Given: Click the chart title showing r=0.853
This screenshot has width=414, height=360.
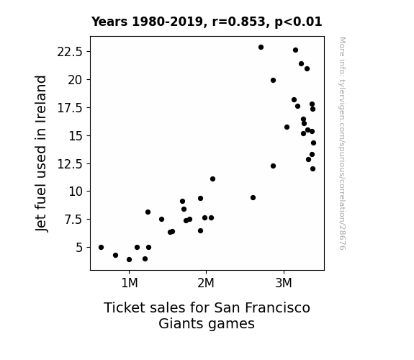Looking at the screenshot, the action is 207,22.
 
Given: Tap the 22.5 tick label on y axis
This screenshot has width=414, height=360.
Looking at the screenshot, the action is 70,52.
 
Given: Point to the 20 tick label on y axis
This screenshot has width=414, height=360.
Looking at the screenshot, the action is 76,80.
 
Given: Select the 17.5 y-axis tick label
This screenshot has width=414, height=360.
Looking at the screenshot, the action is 70,108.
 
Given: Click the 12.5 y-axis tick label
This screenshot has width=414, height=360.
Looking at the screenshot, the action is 70,164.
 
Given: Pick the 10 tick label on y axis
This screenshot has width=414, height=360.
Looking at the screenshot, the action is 76,192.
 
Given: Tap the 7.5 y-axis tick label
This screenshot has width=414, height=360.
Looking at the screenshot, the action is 73,220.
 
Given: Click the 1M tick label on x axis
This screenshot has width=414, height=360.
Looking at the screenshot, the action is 130,283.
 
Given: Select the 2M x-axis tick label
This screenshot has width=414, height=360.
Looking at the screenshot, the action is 206,283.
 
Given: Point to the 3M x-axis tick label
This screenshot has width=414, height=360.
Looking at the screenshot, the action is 284,283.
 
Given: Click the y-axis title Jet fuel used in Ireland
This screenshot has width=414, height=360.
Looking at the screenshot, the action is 41,153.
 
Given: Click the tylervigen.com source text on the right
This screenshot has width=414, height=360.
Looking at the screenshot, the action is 342,143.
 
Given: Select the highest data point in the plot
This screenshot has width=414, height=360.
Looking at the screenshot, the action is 261,48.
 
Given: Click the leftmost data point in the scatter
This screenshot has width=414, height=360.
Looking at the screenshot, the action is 101,248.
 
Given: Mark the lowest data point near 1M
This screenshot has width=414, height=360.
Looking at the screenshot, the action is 129,260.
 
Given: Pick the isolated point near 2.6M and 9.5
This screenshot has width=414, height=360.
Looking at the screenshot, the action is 253,198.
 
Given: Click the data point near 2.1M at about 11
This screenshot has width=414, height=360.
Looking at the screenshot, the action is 213,179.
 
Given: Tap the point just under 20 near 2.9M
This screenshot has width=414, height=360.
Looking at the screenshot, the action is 274,81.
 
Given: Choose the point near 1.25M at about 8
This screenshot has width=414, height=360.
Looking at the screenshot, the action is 148,212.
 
